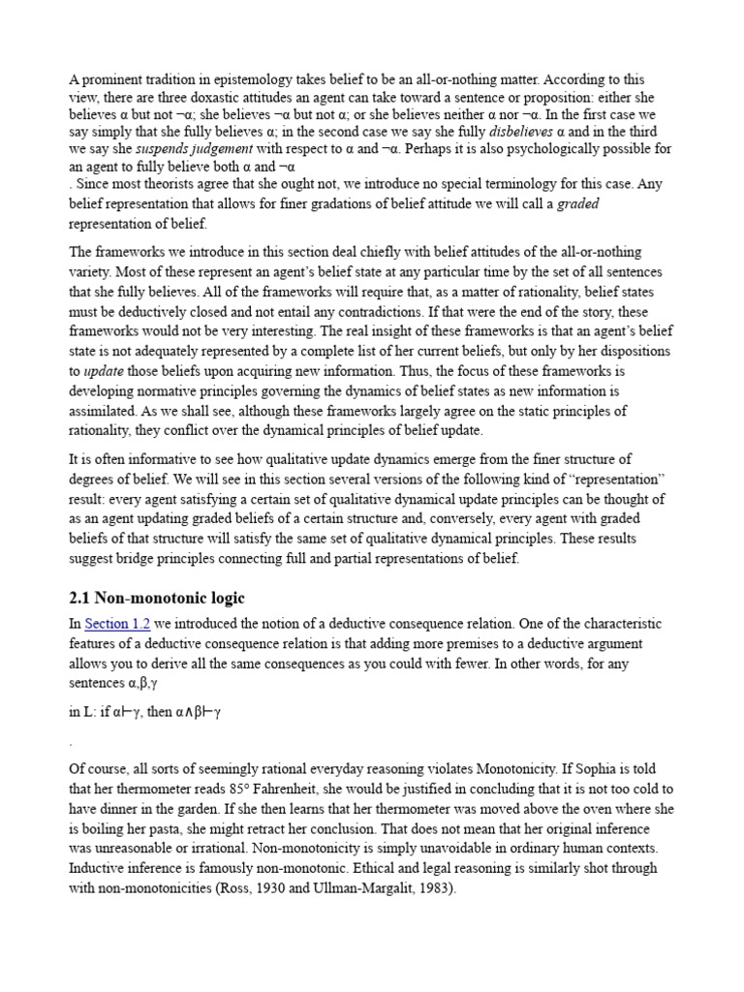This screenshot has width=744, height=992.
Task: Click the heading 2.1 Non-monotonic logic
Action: click(164, 597)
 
